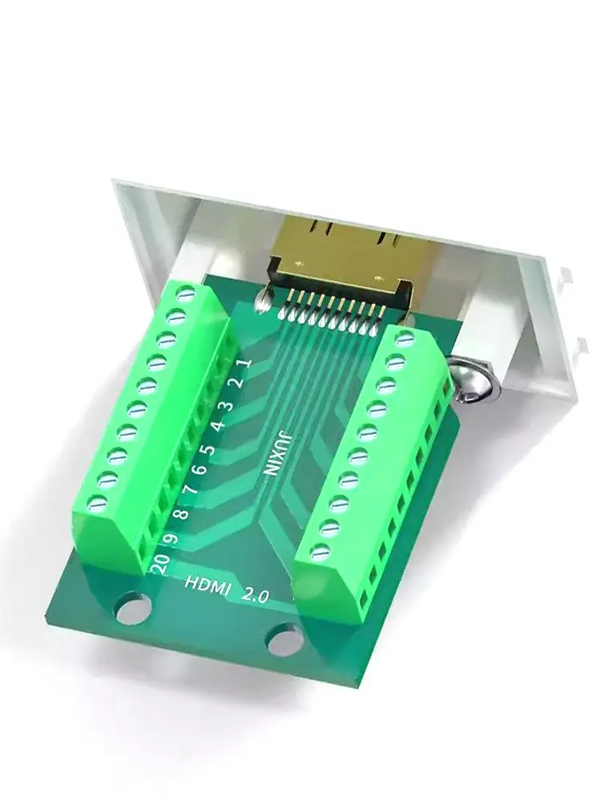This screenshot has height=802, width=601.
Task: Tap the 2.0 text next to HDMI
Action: pyautogui.click(x=255, y=594)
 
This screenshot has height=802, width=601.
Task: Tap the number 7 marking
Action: pyautogui.click(x=191, y=491)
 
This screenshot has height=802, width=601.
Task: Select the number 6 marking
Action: pyautogui.click(x=200, y=468)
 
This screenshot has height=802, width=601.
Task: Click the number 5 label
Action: pyautogui.click(x=208, y=450)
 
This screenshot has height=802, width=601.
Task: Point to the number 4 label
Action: pyautogui.click(x=218, y=426)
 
